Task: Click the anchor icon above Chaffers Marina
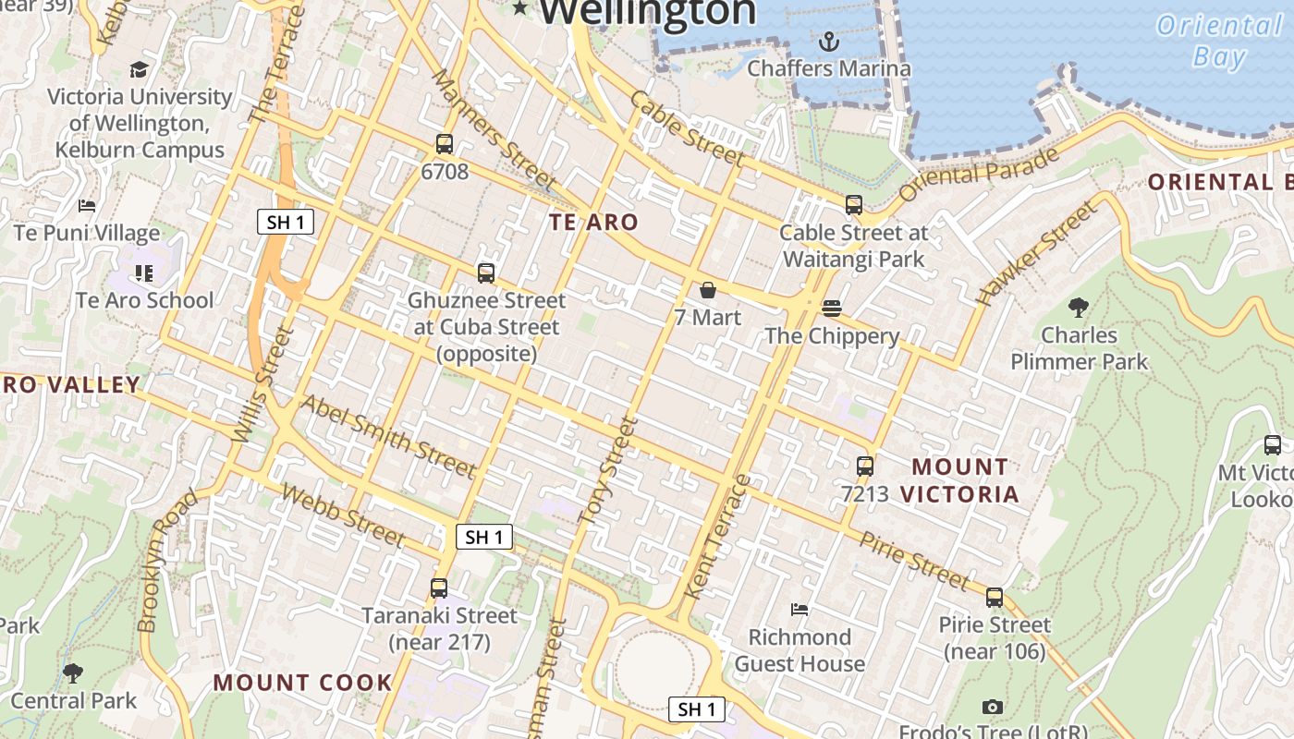[829, 41]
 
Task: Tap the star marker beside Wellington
[520, 8]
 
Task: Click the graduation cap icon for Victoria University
[139, 69]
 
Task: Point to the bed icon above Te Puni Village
[87, 206]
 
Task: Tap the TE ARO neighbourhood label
[593, 222]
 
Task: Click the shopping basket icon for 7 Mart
[708, 291]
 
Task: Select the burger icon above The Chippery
[831, 309]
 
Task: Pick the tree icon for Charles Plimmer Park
[1078, 308]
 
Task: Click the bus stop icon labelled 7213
[865, 466]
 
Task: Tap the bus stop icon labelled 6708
[445, 144]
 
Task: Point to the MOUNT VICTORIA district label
[959, 480]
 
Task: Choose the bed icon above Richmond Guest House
[800, 610]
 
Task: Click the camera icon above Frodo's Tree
[993, 708]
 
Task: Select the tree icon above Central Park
[73, 673]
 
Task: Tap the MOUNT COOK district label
[303, 683]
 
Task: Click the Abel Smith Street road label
[388, 436]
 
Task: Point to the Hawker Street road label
[1039, 253]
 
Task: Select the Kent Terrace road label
[716, 536]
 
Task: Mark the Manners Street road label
[493, 129]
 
